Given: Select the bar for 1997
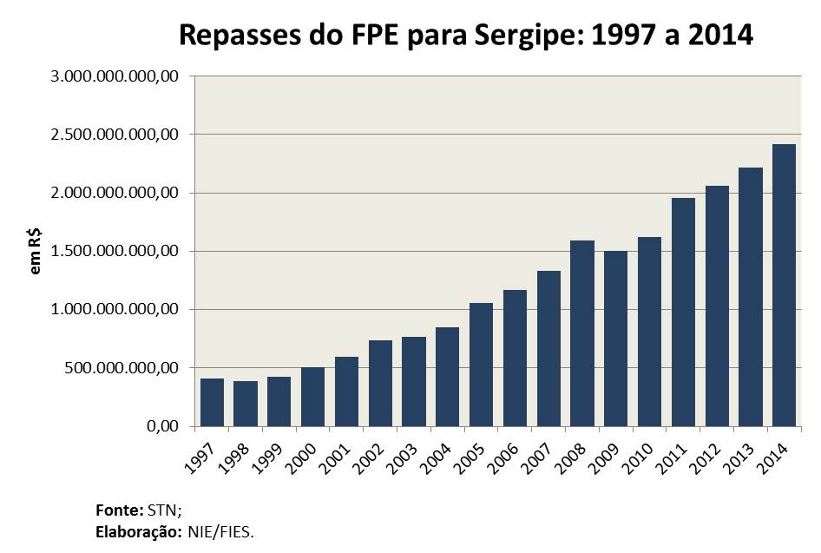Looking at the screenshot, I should (x=213, y=402).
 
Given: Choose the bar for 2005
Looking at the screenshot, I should (x=482, y=365).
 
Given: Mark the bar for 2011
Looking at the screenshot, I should (x=683, y=312).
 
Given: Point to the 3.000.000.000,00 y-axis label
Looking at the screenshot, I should (x=115, y=76).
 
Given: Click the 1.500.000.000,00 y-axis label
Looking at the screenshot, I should (x=115, y=252).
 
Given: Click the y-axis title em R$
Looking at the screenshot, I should (x=36, y=252).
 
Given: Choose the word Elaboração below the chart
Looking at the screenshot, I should (x=138, y=530).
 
